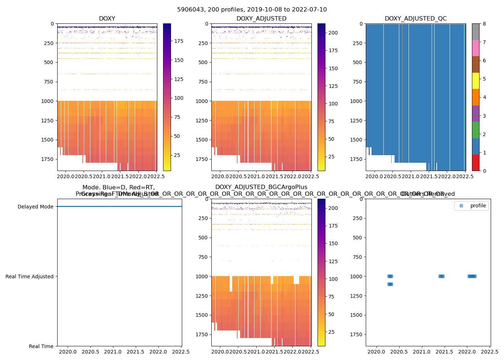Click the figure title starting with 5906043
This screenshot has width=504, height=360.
pyautogui.click(x=252, y=10)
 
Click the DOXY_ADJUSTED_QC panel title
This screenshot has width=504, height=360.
pyautogui.click(x=415, y=19)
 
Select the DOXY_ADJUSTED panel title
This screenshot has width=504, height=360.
pyautogui.click(x=261, y=19)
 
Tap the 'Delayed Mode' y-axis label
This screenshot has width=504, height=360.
pyautogui.click(x=35, y=207)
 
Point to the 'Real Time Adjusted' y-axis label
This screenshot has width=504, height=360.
pyautogui.click(x=29, y=276)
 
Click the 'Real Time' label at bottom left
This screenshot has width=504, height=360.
pyautogui.click(x=41, y=346)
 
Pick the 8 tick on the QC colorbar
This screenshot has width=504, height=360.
pyautogui.click(x=485, y=24)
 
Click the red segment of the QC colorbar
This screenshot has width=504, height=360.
pyautogui.click(x=476, y=163)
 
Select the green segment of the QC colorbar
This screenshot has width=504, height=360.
pyautogui.click(x=476, y=130)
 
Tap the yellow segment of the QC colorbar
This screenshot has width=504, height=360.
pyautogui.click(x=476, y=81)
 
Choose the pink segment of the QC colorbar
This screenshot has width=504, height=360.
pyautogui.click(x=476, y=48)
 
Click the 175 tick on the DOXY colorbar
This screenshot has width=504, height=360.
pyautogui.click(x=179, y=41)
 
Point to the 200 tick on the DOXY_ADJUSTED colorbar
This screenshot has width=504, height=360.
pyautogui.click(x=333, y=33)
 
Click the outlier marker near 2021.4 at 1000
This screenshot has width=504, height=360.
pyautogui.click(x=441, y=276)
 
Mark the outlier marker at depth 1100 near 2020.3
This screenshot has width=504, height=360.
pyautogui.click(x=390, y=284)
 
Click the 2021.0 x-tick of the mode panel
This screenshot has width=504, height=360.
pyautogui.click(x=113, y=352)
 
